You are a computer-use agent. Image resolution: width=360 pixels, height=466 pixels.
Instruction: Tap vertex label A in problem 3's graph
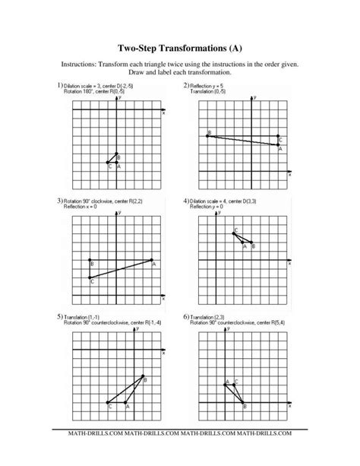pyautogui.click(x=154, y=265)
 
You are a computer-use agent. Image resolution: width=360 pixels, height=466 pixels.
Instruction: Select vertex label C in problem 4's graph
pyautogui.click(x=235, y=230)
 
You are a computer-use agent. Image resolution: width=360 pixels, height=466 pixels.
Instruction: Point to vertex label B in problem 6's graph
pyautogui.click(x=245, y=407)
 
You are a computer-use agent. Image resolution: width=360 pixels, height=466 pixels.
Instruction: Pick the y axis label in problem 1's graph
pyautogui.click(x=120, y=98)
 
